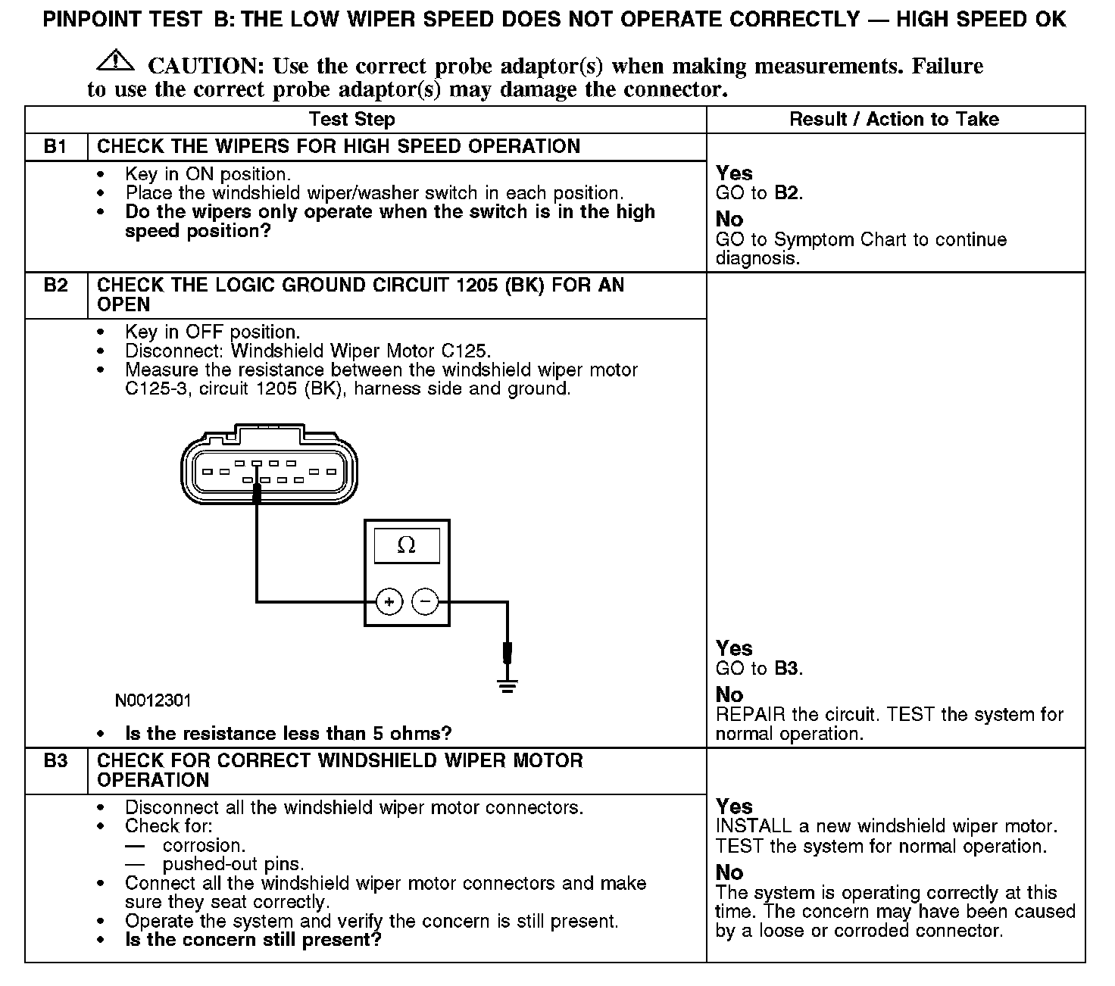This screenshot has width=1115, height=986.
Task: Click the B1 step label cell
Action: coord(56,146)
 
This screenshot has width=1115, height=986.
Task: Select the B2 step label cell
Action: coord(56,286)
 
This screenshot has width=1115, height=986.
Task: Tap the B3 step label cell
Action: coord(56,761)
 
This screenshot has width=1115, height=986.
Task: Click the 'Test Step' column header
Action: coord(351,120)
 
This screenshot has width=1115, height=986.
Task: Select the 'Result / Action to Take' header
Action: coord(894,120)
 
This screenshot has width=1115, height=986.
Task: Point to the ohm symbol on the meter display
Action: coord(407,545)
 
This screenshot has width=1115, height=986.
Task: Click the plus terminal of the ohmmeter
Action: coord(389,602)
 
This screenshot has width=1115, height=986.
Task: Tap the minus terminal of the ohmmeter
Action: coord(425,602)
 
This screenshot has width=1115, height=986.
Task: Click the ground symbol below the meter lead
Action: coord(507,686)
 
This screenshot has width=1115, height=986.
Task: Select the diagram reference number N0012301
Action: coord(153,700)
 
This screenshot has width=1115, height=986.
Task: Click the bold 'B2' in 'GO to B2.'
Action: coord(786,193)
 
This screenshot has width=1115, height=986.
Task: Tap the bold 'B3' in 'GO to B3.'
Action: coord(786,669)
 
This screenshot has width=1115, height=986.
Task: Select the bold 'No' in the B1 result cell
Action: coord(729,220)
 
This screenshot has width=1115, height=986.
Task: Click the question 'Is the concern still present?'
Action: coord(253,941)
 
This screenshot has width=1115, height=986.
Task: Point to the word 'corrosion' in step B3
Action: coord(203,845)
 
